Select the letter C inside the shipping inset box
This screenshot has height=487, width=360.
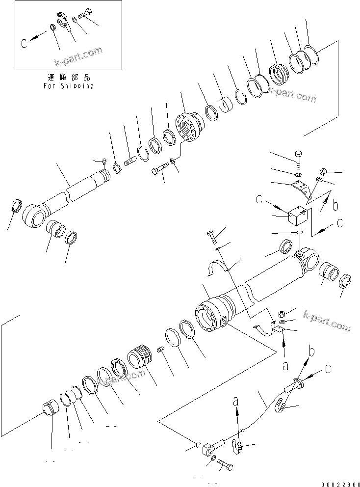24,43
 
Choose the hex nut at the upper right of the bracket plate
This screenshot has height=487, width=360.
324,171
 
